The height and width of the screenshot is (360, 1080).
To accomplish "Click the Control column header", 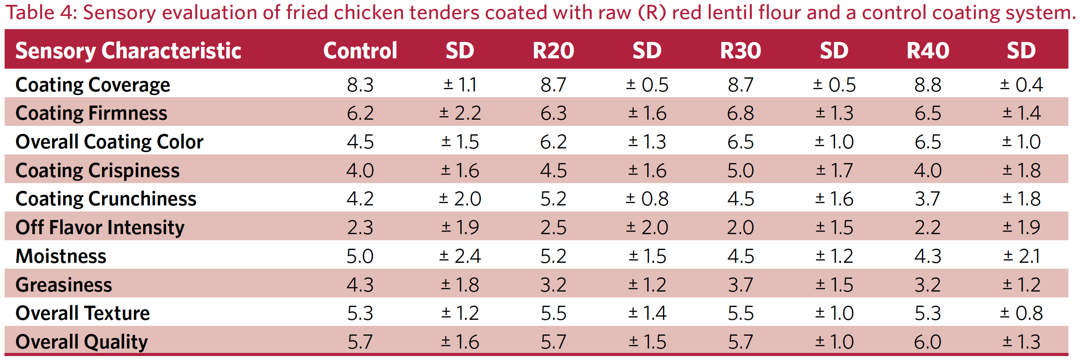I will click(360, 50).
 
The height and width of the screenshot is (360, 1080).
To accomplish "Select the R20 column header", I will click(553, 50).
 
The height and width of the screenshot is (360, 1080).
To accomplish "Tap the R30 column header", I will click(740, 50).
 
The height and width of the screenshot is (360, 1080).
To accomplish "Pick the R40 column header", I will click(928, 50).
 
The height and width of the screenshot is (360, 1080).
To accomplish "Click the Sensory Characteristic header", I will click(128, 50).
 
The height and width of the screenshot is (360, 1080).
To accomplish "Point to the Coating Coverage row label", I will click(92, 84).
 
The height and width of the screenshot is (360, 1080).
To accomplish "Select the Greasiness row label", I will click(64, 284).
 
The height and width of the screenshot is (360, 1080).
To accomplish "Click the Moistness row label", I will click(61, 256).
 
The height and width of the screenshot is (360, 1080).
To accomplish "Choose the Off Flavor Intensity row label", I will click(100, 227).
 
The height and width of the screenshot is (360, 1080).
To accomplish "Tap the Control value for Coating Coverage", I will click(360, 84).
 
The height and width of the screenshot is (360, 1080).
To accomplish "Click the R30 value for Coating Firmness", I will click(740, 113).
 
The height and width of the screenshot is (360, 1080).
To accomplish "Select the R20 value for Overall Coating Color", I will click(553, 142).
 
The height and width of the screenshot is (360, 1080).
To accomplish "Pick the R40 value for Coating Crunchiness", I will click(928, 199).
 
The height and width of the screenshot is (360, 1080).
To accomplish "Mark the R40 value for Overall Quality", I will click(928, 342).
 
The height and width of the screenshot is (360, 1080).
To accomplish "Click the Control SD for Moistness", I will click(460, 256).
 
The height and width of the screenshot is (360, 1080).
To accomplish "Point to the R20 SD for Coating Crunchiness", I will click(647, 199).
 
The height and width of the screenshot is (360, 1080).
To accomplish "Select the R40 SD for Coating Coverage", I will click(1021, 84).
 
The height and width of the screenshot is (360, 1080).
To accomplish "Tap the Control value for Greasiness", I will click(360, 284).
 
